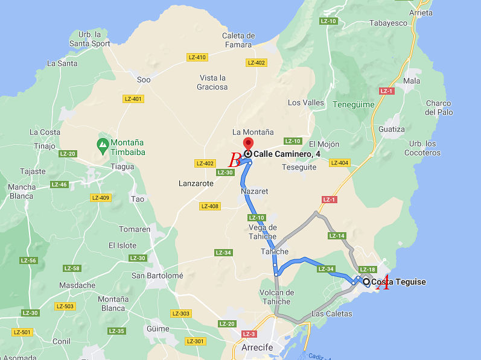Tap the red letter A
click(x=382, y=285)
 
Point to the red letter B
click(x=235, y=160)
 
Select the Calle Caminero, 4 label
click(x=287, y=154)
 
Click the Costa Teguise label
click(x=398, y=282)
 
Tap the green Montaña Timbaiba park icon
click(x=103, y=144)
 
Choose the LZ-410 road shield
click(x=197, y=57)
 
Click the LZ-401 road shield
click(x=133, y=99)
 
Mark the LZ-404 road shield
click(x=340, y=163)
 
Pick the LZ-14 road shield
click(x=337, y=236)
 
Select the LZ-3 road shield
click(x=249, y=334)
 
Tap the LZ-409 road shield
click(x=100, y=198)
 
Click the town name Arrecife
click(x=257, y=347)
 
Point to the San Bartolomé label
click(x=157, y=276)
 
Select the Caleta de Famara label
click(x=239, y=40)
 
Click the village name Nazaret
click(x=254, y=191)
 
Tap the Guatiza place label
click(x=391, y=129)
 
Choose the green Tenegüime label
click(x=353, y=104)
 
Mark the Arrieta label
click(x=421, y=12)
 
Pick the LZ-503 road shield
click(x=65, y=306)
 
